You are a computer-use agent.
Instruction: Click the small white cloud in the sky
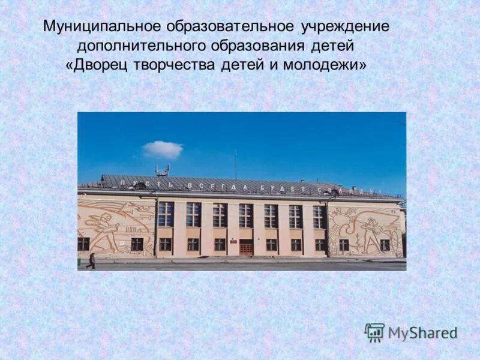[x=163, y=149]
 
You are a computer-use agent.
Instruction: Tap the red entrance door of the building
[x=246, y=246]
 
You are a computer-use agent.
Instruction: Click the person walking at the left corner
[x=91, y=260]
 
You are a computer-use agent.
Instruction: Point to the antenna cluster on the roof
[x=162, y=170]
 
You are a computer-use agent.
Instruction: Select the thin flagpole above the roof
[x=235, y=164]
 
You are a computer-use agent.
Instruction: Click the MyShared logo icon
[x=374, y=332]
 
